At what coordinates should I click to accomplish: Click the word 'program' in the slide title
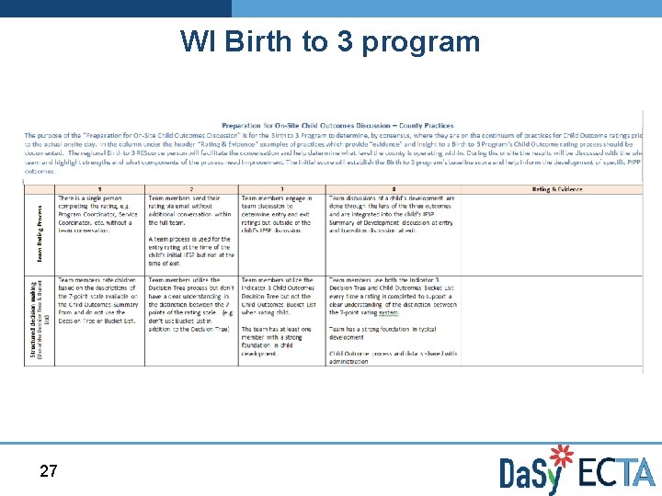pos(421,42)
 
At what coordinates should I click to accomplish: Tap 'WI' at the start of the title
pos(197,42)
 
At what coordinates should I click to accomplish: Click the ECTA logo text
pos(617,472)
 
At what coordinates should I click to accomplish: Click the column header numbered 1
pos(99,189)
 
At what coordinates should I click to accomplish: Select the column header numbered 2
pos(191,189)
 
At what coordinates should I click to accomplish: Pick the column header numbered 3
pos(281,189)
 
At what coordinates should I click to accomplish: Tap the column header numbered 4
pos(393,189)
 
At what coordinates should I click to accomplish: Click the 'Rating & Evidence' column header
pos(557,189)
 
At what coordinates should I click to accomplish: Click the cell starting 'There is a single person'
pos(99,213)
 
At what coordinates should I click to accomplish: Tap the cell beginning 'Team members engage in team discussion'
pos(281,213)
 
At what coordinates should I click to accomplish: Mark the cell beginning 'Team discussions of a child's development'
pos(393,213)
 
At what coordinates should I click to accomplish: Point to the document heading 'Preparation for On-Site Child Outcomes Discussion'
pos(337,126)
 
